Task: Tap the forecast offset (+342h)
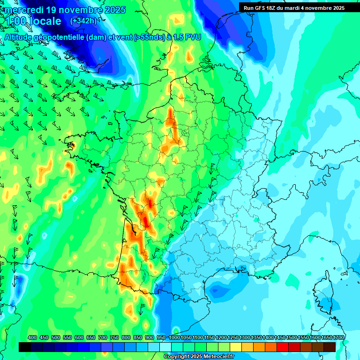coord(83,21)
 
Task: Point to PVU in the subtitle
coord(193,37)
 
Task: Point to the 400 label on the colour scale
coord(32,338)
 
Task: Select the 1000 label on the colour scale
coord(174,338)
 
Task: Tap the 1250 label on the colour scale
coord(233,338)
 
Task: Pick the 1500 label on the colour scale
coord(292,338)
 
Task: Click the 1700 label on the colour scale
coord(330,338)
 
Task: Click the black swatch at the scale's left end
coord(25,347)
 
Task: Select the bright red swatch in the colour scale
coord(283,347)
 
